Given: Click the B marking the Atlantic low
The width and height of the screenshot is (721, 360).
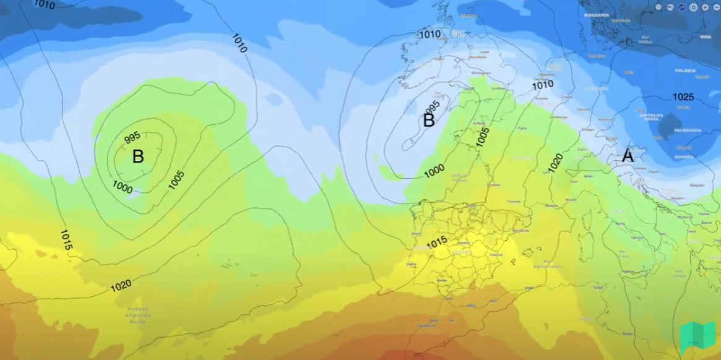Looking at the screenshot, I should [x=138, y=156].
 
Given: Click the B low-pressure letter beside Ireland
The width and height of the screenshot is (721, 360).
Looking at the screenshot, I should [x=429, y=121].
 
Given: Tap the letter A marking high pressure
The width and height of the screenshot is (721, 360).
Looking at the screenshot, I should [x=628, y=156].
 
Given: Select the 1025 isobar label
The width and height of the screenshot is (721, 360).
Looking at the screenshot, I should [x=683, y=97].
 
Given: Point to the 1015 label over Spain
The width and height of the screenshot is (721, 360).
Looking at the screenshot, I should [x=437, y=243].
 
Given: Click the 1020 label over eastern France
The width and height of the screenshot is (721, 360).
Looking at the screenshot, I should [x=555, y=163].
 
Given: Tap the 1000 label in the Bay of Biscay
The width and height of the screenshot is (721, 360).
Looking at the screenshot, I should [x=434, y=170].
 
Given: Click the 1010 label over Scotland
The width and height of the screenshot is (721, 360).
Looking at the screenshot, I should [x=430, y=34].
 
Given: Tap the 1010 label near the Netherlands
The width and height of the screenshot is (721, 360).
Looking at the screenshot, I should [x=543, y=85].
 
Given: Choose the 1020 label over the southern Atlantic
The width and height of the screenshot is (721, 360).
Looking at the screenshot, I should [x=121, y=285].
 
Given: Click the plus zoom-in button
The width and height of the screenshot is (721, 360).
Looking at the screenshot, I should [x=704, y=7].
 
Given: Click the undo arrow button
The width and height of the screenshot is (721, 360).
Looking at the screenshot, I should [x=670, y=7].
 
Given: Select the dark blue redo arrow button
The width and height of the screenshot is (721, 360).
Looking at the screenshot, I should [x=681, y=7].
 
